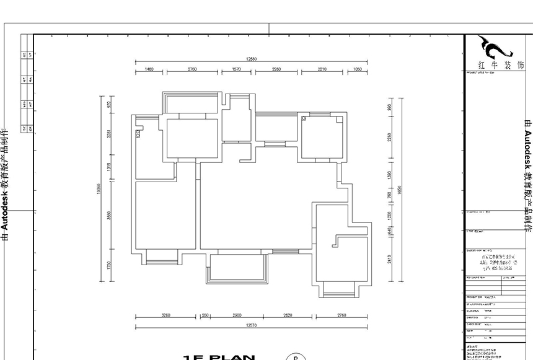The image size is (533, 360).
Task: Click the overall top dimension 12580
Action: tap(250, 59)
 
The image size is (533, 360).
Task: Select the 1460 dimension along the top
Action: tap(149, 69)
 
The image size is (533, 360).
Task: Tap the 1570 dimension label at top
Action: tap(236, 69)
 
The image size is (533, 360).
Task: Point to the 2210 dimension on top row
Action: tap(322, 69)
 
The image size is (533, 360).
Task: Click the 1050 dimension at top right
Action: tap(357, 69)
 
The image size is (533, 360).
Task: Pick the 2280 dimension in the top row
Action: tap(276, 69)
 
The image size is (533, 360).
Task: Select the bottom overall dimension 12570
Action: tap(250, 325)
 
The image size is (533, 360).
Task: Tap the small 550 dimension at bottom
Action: tap(205, 315)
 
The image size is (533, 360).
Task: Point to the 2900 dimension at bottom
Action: tap(237, 315)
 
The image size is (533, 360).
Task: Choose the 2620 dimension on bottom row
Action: tap(288, 315)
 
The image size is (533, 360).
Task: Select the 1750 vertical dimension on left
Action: tap(108, 265)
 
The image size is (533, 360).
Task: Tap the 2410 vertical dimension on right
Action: tap(390, 258)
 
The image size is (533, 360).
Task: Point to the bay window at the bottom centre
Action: tap(237, 268)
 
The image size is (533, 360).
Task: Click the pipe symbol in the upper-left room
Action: tap(138, 133)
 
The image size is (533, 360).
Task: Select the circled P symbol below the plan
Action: tap(295, 358)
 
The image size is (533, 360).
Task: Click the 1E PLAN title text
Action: tap(219, 358)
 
